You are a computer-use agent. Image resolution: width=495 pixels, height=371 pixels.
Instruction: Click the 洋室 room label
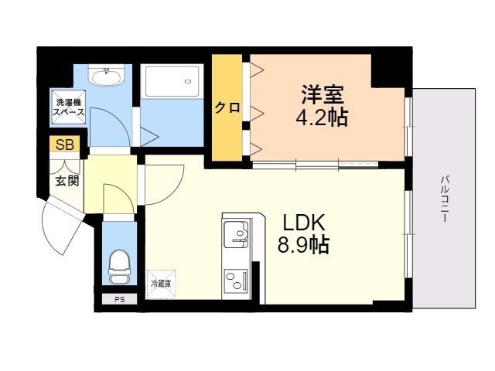(323, 97)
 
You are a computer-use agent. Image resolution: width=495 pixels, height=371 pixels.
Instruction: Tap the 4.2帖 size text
(323, 117)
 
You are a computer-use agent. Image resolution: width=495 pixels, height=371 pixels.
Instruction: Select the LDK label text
(304, 223)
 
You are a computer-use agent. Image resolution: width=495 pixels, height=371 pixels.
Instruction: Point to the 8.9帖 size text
(304, 246)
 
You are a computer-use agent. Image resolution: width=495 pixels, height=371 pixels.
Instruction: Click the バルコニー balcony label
(445, 199)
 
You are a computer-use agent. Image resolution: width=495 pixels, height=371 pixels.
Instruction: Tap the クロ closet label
(227, 108)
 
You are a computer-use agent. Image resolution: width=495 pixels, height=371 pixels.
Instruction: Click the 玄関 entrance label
(67, 182)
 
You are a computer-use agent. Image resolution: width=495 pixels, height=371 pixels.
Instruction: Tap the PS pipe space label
(119, 299)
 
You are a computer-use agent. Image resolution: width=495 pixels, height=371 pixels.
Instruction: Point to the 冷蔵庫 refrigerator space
(162, 284)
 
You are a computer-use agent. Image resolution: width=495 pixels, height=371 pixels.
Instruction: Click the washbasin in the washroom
(105, 77)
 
